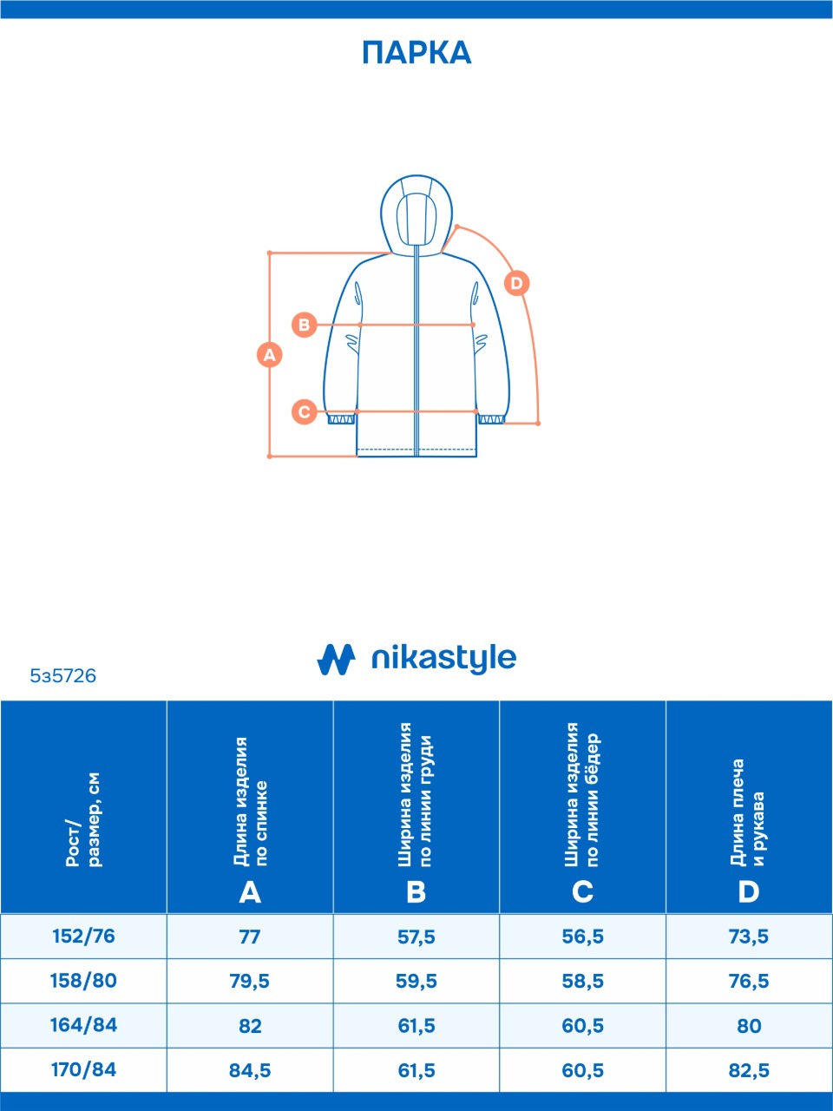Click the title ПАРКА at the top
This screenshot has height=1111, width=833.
pos(416,53)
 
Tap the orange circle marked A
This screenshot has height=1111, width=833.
pos(270,355)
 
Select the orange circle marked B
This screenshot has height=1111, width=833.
pos(305,325)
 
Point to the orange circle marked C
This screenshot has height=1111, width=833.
pos(304,411)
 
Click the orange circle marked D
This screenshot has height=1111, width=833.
pos(516,283)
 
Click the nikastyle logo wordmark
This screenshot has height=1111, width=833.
pos(443,659)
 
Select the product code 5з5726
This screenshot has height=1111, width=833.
pos(63,675)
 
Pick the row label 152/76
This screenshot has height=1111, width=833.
pos(83,937)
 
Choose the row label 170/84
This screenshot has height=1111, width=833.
pos(83,1070)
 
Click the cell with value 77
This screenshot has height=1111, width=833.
pos(250,937)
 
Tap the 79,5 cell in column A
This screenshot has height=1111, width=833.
pos(250,982)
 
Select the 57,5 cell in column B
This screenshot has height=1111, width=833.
pos(416,937)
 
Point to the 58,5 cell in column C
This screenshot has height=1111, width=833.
pos(583,982)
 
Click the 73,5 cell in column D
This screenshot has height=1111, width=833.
pos(749,937)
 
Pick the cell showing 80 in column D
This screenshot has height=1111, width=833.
pos(749,1026)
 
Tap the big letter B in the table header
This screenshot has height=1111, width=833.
pos(416,892)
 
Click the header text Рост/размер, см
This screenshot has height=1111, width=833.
pos(83,820)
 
